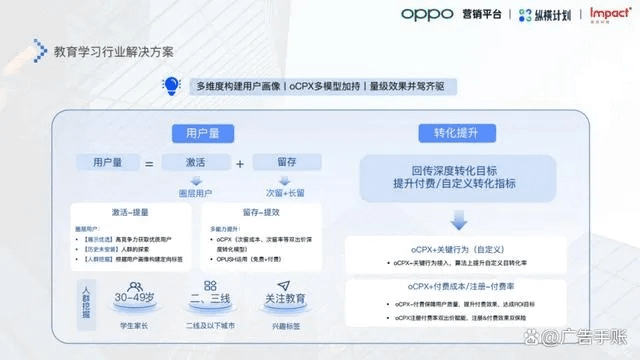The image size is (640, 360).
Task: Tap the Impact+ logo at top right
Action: click(x=609, y=14)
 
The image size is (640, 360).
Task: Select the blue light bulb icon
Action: click(x=173, y=86)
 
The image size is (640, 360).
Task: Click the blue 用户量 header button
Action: click(x=196, y=133)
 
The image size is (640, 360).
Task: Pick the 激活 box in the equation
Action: click(x=196, y=163)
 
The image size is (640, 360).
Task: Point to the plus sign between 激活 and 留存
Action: click(x=239, y=163)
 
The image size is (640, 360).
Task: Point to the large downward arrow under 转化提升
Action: click(x=458, y=219)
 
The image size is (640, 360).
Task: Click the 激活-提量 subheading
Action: click(x=130, y=212)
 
